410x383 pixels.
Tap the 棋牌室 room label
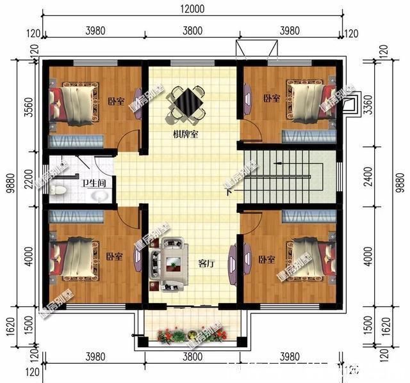(x=185, y=135)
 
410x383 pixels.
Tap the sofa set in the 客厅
(x=168, y=263)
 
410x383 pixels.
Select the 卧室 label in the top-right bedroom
(x=272, y=98)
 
